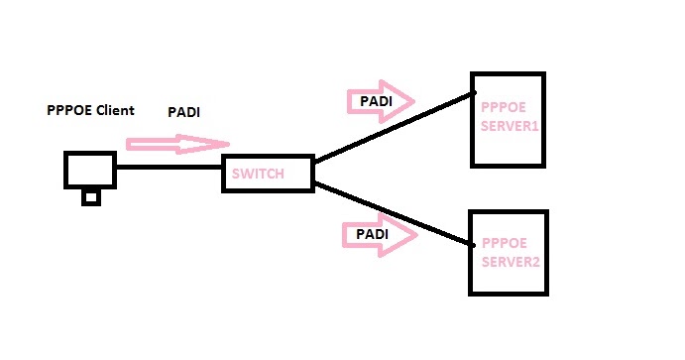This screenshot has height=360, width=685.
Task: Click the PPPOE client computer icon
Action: point(90,170)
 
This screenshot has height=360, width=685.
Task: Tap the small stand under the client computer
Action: point(91,196)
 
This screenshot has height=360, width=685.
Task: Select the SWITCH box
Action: point(268,174)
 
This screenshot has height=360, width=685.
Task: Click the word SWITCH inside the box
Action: point(258,175)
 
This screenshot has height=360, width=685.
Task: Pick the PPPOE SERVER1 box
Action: point(508,119)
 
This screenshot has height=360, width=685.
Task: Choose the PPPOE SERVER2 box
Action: point(508,253)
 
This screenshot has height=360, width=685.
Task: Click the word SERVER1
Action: point(510,127)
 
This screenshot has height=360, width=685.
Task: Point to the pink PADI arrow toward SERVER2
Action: point(379,235)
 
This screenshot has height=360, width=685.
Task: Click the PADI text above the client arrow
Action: point(183,112)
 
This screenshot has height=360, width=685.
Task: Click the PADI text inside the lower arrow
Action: point(370,235)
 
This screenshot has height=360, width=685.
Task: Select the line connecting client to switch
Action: point(169,167)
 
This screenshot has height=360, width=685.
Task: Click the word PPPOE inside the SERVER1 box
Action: point(499,108)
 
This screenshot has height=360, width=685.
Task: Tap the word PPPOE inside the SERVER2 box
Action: point(502,243)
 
